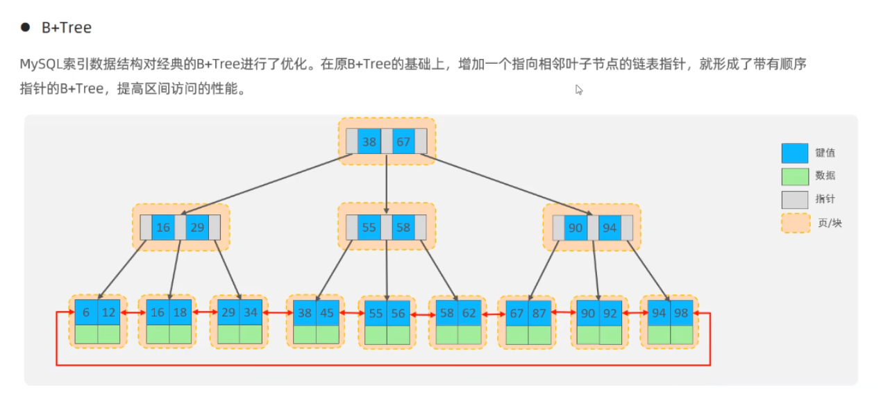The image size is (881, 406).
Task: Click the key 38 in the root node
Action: tap(369, 142)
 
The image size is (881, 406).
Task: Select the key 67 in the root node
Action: tap(403, 142)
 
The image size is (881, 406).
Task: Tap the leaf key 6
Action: tap(86, 312)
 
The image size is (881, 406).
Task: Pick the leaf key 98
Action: tap(681, 312)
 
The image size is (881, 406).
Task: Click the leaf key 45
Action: tap(326, 312)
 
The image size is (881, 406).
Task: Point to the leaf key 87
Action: tap(539, 312)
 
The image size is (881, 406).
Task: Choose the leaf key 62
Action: tap(469, 312)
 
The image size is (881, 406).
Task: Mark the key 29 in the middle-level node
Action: tap(197, 228)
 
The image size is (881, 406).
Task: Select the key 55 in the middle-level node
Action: tap(369, 228)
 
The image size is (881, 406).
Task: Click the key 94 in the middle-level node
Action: tap(610, 228)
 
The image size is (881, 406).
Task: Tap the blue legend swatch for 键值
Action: tap(794, 153)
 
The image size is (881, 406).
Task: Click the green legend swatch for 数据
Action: tap(794, 176)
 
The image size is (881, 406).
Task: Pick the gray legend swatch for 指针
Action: tap(794, 200)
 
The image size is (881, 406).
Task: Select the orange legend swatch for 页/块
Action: tap(795, 223)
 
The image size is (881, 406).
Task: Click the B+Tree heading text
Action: tap(66, 28)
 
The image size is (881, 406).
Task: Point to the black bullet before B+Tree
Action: tap(26, 28)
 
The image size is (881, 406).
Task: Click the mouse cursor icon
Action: tap(579, 90)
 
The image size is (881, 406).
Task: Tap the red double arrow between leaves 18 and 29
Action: tap(204, 313)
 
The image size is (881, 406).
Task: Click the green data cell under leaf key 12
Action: tap(109, 334)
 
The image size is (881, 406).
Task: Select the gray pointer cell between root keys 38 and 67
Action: tap(386, 142)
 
